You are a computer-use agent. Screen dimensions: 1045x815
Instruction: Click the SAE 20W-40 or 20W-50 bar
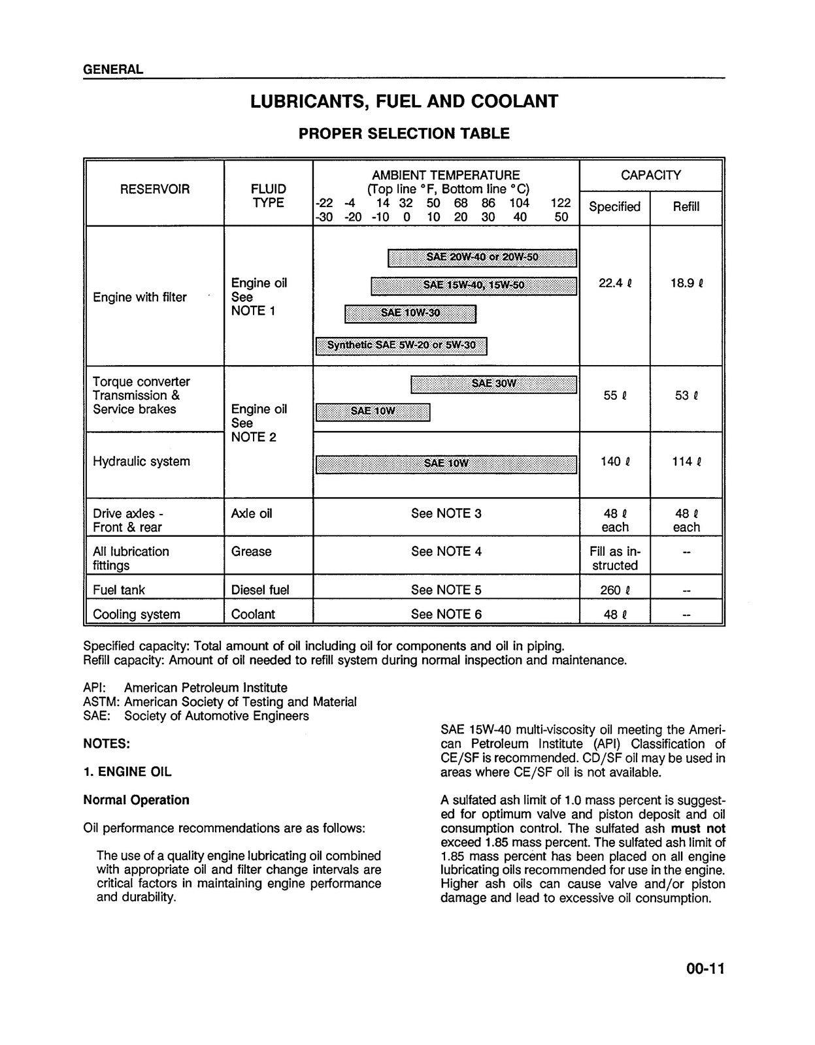tap(482, 257)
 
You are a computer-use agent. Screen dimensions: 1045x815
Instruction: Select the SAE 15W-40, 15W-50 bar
tap(473, 285)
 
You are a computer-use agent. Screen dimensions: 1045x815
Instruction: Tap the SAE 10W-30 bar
tap(410, 313)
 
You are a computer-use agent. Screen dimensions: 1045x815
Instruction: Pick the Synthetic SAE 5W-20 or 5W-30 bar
tap(401, 346)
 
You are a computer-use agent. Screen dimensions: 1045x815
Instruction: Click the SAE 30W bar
tap(493, 384)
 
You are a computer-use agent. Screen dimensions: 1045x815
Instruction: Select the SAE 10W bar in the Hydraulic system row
tap(446, 464)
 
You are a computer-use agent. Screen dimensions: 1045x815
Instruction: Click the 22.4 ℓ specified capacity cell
tap(614, 283)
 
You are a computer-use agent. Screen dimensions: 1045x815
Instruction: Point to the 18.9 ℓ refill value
tap(686, 283)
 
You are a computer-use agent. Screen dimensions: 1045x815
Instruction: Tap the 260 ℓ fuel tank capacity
tap(614, 590)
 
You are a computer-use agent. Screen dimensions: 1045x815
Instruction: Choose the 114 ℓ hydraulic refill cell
tap(686, 462)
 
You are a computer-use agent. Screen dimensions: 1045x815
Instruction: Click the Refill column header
tap(686, 206)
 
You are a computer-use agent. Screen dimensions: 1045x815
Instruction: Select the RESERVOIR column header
tap(155, 189)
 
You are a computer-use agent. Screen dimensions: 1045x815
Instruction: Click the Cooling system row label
tap(136, 614)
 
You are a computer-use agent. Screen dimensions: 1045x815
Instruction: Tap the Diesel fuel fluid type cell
tap(260, 590)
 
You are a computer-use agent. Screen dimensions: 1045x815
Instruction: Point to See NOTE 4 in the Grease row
tap(446, 551)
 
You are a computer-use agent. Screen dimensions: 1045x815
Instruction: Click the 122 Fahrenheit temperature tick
tap(560, 203)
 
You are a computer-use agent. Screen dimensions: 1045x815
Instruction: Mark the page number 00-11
tap(705, 969)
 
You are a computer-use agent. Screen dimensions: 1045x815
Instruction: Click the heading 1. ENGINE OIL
tap(127, 771)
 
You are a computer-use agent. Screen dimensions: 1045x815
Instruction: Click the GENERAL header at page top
tap(113, 69)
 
